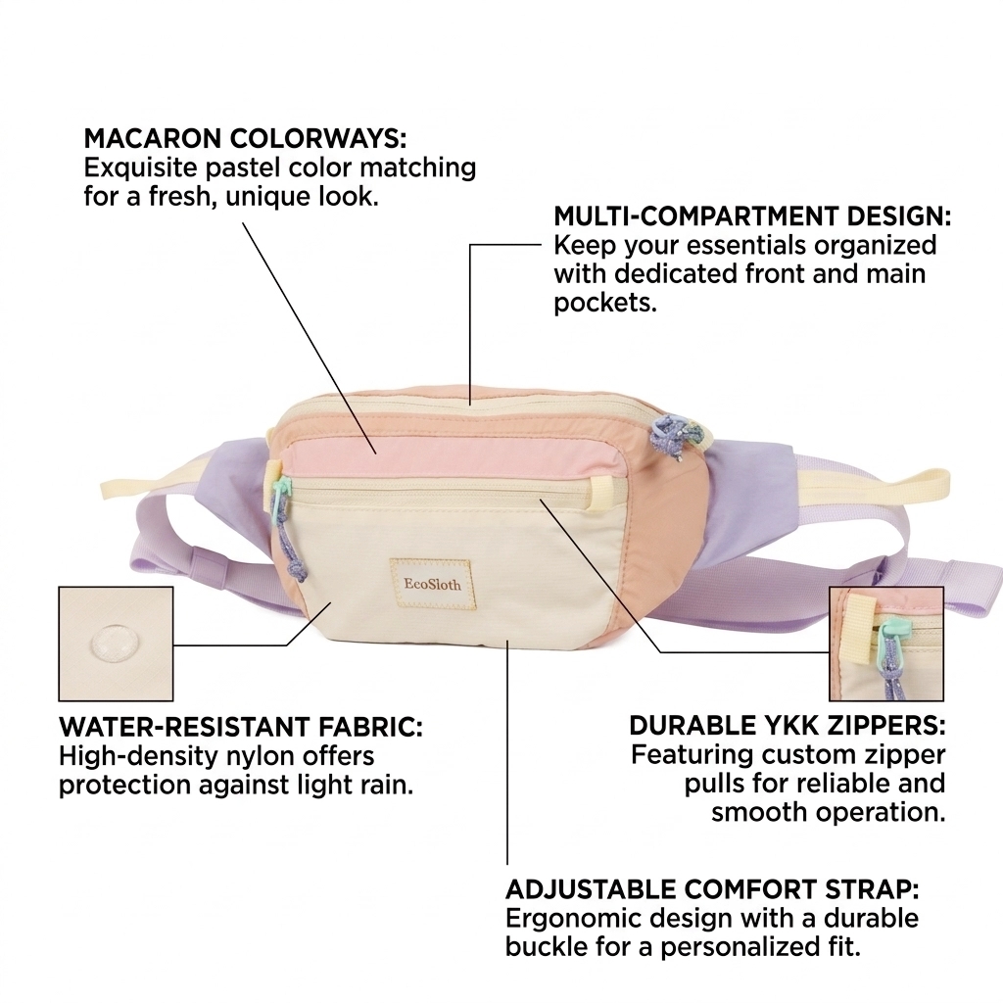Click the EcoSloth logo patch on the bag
point(430,584)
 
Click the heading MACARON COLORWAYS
point(245,138)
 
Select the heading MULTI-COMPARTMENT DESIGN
point(752,216)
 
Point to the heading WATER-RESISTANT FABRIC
point(241,728)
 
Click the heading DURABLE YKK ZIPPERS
point(788,726)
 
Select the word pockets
point(605,303)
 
